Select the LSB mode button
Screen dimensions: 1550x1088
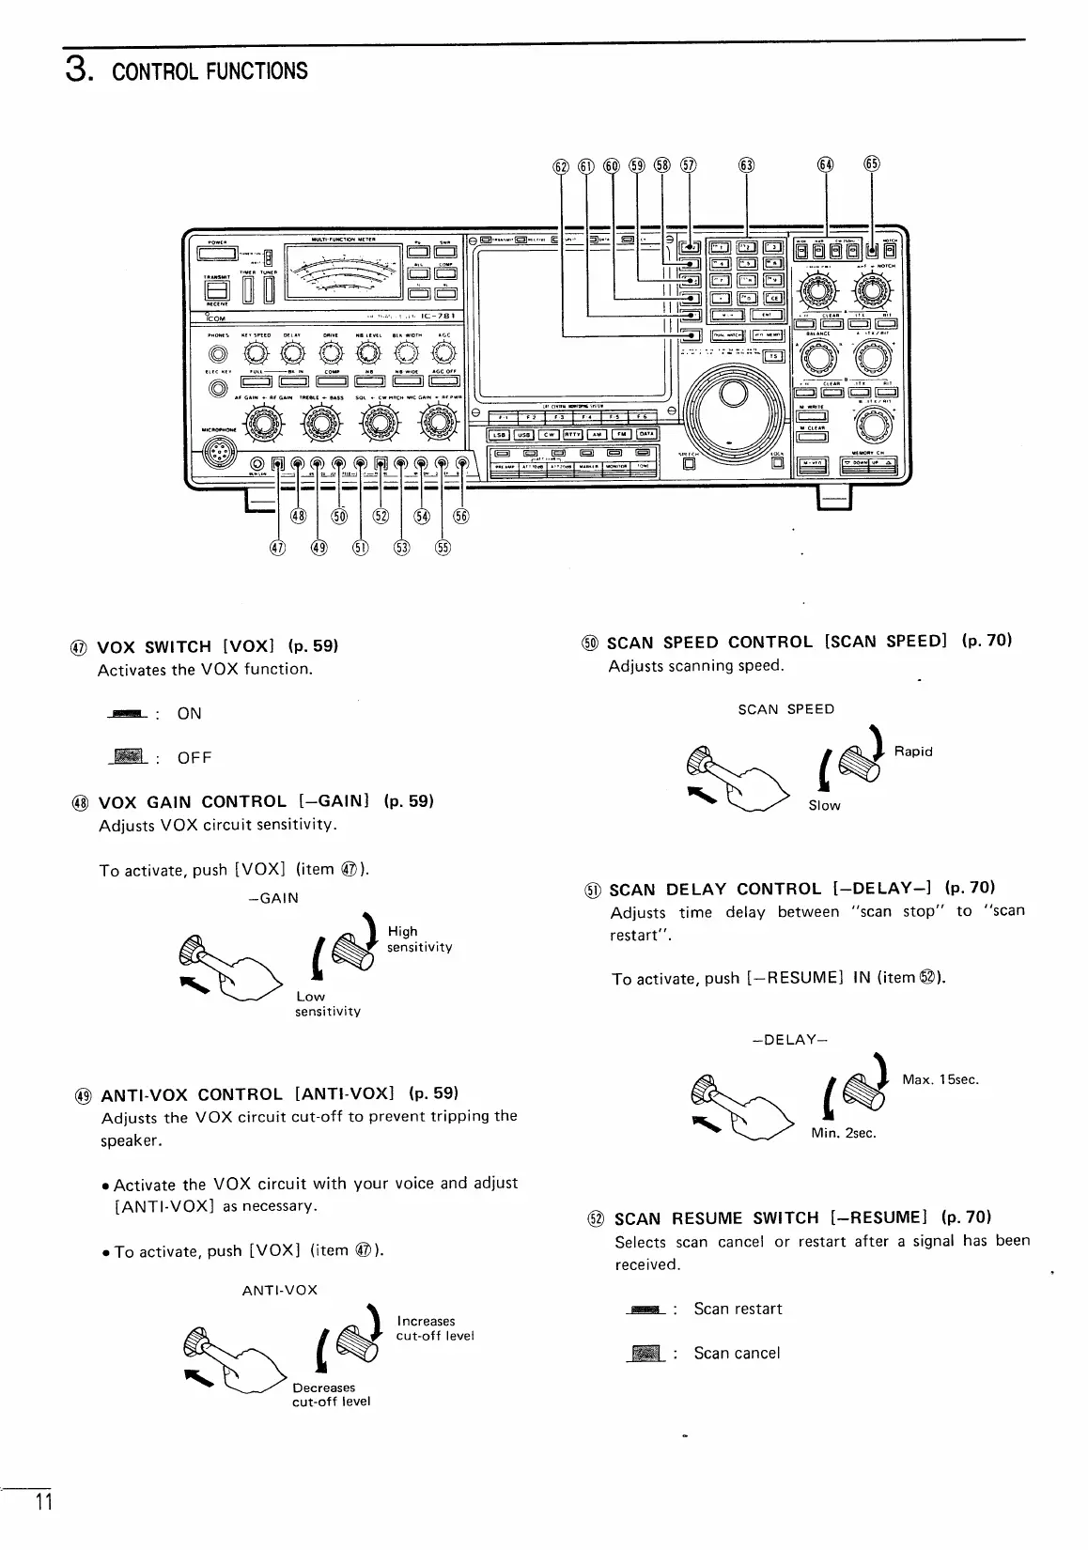[500, 434]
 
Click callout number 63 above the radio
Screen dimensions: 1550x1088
[746, 165]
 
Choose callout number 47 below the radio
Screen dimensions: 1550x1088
[277, 549]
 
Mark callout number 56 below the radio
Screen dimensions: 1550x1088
[461, 516]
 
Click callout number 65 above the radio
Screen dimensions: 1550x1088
[871, 164]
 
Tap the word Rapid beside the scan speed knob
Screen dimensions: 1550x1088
[913, 752]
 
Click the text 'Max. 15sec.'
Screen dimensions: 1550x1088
[940, 1079]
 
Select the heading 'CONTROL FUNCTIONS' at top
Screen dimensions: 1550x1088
[210, 71]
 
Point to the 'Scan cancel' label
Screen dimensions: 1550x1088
[737, 1353]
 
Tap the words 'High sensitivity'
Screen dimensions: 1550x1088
[419, 938]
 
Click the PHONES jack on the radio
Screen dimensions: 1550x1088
[218, 355]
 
